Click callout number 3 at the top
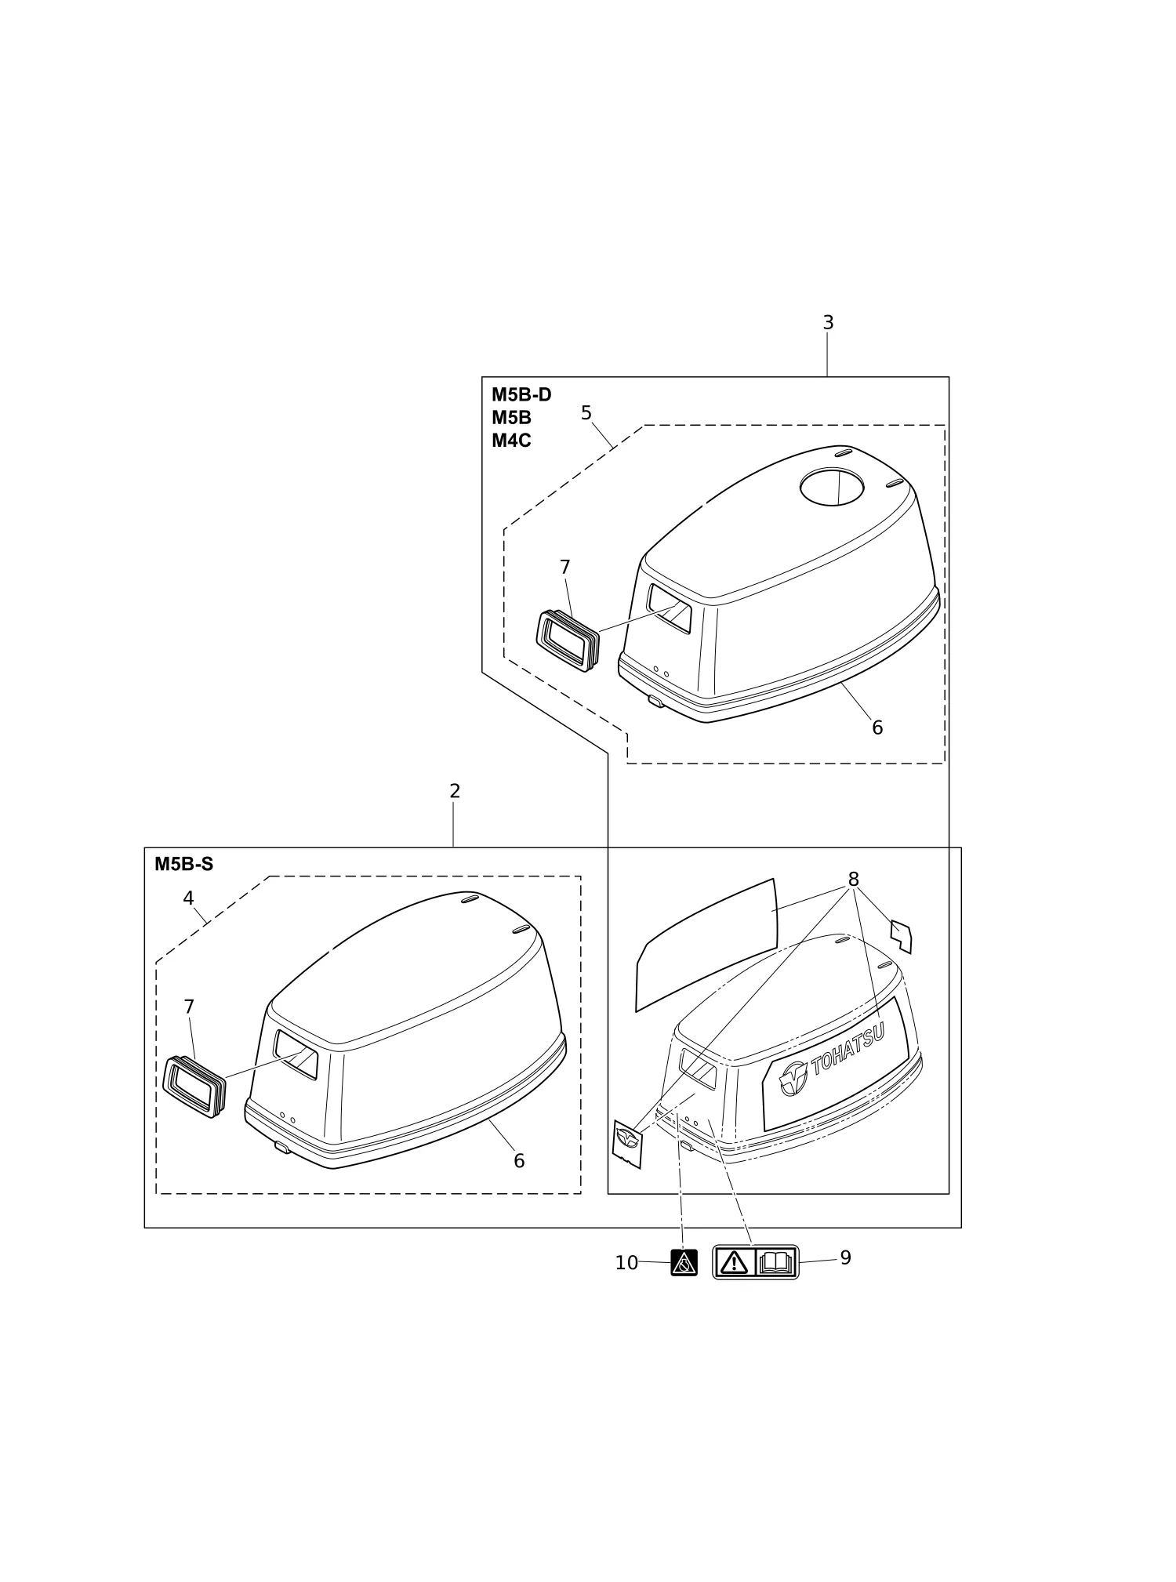828,322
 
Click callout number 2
455,791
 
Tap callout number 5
586,413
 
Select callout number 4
188,898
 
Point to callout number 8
854,879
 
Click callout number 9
846,1257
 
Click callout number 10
626,1263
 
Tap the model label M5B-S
183,865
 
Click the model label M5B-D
521,394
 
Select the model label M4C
511,441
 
